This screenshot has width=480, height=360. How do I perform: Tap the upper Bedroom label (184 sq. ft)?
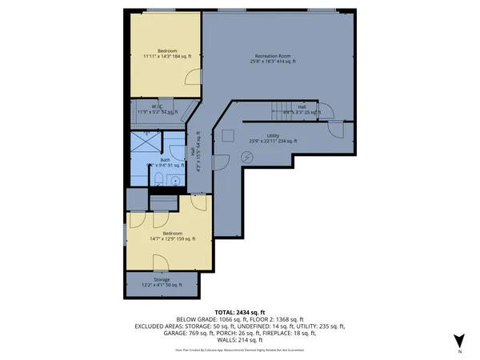coord(167,54)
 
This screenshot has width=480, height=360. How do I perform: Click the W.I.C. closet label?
coord(158,110)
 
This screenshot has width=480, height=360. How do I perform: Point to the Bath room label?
coord(166,162)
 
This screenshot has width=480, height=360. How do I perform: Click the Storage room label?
coord(162,282)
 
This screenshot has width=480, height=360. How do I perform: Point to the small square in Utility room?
coord(227,134)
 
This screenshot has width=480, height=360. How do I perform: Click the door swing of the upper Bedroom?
coord(192,78)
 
